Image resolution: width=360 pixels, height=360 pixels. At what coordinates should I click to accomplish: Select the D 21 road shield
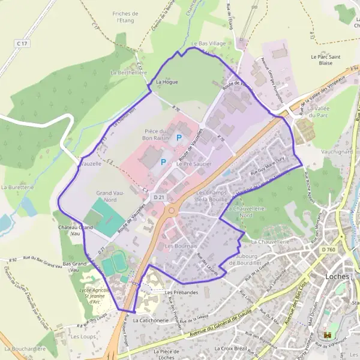coord(159,197)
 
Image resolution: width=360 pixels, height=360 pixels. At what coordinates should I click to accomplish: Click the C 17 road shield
coord(23,43)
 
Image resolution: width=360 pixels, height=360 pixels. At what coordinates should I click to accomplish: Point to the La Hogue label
coord(167,82)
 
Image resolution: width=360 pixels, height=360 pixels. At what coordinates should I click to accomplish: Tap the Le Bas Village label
coord(208,44)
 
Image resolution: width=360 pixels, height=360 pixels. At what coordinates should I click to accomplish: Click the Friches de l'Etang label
coord(125,16)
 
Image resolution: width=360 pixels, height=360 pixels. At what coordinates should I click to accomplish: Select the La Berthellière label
coord(129,72)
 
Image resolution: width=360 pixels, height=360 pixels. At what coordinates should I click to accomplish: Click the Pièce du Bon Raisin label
coord(158,134)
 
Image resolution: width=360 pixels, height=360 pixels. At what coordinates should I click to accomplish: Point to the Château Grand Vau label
coord(76,230)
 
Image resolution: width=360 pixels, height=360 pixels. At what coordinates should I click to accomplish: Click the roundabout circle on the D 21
coord(172,210)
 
